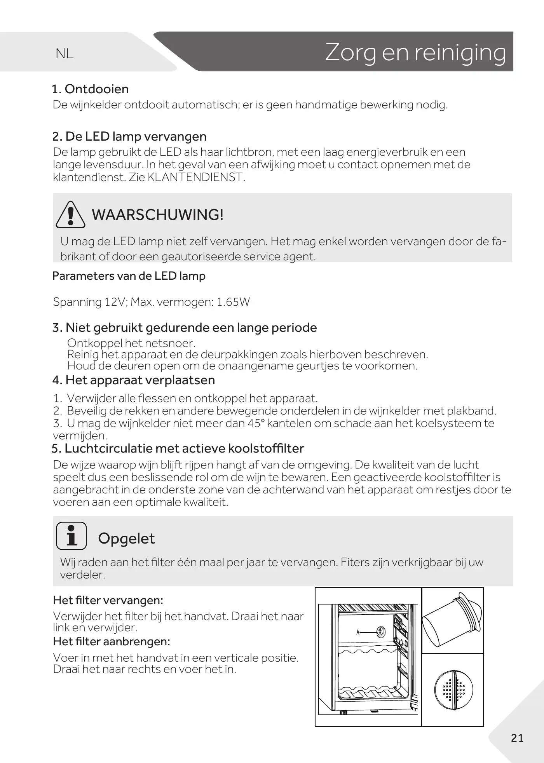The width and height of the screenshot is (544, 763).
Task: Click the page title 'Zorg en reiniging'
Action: (415, 52)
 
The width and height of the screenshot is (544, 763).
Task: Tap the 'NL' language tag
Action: (65, 54)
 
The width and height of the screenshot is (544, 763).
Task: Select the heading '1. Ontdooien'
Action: (90, 89)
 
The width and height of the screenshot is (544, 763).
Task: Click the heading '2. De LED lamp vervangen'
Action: (129, 136)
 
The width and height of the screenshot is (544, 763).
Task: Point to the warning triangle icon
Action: (70, 215)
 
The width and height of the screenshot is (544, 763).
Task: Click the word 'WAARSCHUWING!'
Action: (158, 214)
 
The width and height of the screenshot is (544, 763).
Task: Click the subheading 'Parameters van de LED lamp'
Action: (129, 276)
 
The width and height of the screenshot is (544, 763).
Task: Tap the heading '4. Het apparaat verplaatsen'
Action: (134, 380)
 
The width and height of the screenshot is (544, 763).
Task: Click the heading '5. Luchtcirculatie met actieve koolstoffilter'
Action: (178, 448)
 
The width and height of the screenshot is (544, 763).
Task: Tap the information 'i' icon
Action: (71, 536)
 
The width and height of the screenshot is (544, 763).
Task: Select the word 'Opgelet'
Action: (126, 538)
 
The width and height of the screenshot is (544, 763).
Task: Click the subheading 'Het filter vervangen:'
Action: (108, 600)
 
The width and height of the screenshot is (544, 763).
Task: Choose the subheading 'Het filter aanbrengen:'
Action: (112, 641)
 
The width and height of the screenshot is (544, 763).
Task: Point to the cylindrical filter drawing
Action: (452, 620)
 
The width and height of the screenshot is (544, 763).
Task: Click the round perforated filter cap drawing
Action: (453, 690)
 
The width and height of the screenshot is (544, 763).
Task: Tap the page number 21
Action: (517, 738)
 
